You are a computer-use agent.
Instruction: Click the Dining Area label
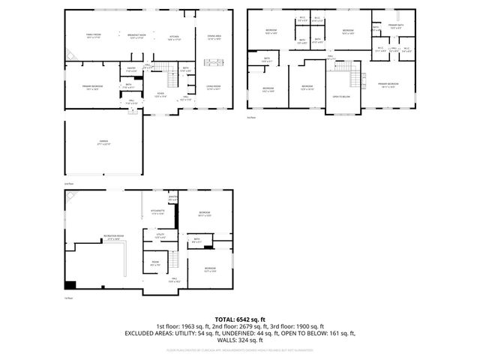click(214, 37)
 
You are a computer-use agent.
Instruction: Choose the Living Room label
click(214, 87)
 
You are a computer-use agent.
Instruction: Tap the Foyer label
click(160, 94)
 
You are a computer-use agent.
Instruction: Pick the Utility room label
click(160, 235)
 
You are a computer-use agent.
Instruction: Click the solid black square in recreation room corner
click(70, 285)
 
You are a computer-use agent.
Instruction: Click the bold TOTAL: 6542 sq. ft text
click(239, 319)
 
